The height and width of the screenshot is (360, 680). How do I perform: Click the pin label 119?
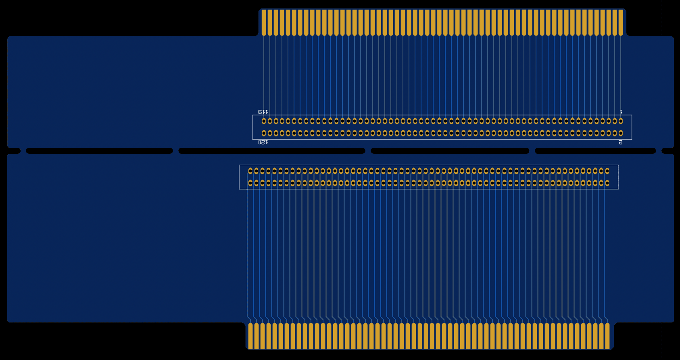click(263, 112)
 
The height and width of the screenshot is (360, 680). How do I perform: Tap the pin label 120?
click(263, 142)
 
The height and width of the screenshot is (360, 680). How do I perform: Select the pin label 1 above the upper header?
click(621, 112)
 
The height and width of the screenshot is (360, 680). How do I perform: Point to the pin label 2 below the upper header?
click(620, 142)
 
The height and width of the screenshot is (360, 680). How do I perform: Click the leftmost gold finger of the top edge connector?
click(264, 23)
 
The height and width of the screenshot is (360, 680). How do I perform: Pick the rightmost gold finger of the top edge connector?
click(621, 23)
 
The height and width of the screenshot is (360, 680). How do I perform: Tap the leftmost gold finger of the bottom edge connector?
click(250, 336)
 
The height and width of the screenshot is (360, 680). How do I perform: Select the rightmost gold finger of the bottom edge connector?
click(607, 336)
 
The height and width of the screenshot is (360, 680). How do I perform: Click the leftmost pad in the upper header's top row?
click(264, 121)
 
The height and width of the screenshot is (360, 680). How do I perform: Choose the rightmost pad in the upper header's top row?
click(621, 121)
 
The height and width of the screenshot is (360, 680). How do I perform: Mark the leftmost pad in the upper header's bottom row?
click(264, 133)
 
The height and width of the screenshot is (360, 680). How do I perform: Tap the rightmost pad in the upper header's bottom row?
click(621, 133)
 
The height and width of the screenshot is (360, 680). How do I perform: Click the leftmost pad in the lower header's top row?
click(250, 171)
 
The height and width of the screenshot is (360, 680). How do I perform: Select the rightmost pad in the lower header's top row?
click(607, 171)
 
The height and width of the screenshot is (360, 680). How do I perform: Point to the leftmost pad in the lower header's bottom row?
click(250, 183)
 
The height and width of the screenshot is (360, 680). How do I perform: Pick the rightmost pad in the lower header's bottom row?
click(607, 183)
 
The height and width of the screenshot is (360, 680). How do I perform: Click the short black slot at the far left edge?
click(14, 151)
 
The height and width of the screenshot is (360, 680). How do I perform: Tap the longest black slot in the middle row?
click(272, 151)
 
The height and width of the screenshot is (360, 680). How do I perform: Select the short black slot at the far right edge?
click(668, 151)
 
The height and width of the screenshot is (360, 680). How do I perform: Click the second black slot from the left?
click(99, 151)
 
